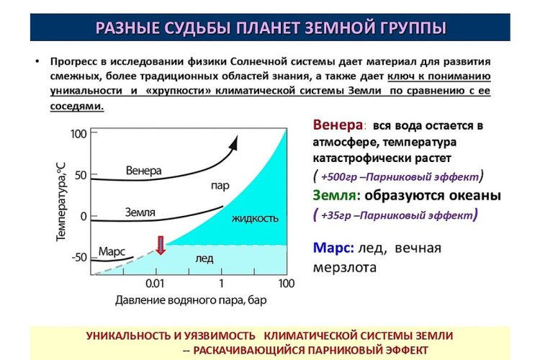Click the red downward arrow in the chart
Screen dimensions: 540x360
tap(161, 246)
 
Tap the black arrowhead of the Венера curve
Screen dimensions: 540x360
tap(234, 143)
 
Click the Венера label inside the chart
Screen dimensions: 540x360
tap(143, 171)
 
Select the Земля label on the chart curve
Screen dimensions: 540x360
tap(140, 212)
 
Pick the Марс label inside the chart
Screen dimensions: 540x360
tap(112, 251)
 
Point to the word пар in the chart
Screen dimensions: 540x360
tap(220, 186)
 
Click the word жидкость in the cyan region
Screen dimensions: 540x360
tap(255, 218)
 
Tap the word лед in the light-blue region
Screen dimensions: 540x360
tap(204, 258)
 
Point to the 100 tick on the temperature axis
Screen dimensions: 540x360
tap(78, 134)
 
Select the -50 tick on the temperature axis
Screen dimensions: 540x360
tap(79, 257)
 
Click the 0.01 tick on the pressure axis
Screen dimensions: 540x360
tap(155, 284)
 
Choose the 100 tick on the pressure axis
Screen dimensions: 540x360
tap(287, 284)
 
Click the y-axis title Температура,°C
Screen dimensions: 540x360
tap(60, 202)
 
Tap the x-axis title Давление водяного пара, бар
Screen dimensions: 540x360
tap(191, 300)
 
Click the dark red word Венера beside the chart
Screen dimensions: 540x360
tap(338, 125)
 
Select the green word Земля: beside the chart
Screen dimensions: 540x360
tap(336, 195)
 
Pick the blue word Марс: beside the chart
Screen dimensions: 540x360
tap(333, 248)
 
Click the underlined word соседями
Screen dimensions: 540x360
tap(77, 106)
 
